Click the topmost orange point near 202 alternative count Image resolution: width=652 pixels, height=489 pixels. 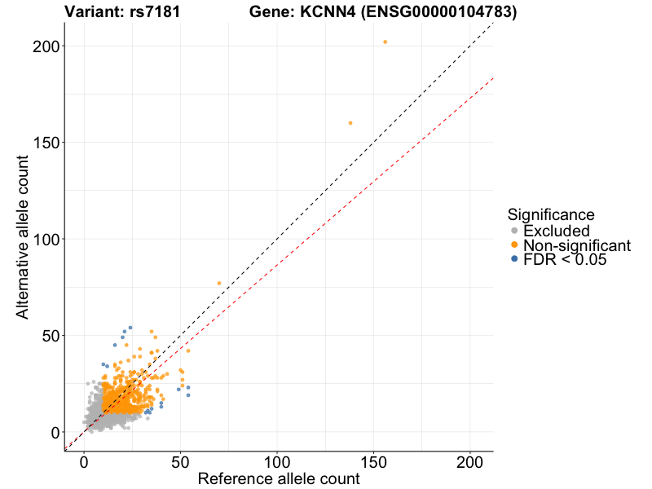click(x=385, y=42)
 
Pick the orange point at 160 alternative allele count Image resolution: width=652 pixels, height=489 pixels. click(x=350, y=123)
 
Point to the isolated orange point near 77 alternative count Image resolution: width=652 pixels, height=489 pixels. click(x=219, y=283)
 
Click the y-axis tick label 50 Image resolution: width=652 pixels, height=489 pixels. click(x=49, y=335)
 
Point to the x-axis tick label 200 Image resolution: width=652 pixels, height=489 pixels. click(x=470, y=460)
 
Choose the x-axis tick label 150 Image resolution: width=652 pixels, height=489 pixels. click(x=373, y=460)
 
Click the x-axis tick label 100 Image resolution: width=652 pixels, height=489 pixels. click(x=277, y=460)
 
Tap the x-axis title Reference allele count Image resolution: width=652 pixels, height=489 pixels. click(x=279, y=478)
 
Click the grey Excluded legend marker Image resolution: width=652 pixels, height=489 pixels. click(x=514, y=231)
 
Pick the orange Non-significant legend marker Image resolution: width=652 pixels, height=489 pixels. click(x=514, y=245)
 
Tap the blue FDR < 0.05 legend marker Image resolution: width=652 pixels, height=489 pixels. click(x=514, y=259)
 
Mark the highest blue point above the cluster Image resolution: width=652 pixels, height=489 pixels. click(x=130, y=328)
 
